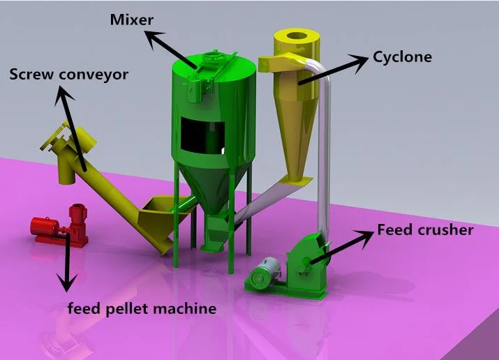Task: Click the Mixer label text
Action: click(132, 20)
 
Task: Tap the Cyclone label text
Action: click(402, 57)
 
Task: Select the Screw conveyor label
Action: click(68, 75)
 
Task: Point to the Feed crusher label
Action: click(425, 230)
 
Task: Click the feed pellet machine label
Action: click(142, 308)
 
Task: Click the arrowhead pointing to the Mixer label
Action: click(154, 39)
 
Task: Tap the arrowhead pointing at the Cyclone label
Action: click(358, 62)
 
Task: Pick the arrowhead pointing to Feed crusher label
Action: click(365, 238)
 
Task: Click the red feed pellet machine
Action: click(60, 226)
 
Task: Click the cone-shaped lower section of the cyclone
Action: click(297, 137)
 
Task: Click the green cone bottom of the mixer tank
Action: click(207, 184)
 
